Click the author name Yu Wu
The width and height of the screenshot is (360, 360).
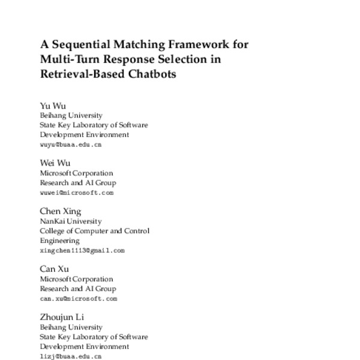coord(53,106)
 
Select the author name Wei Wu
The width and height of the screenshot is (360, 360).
coord(55,163)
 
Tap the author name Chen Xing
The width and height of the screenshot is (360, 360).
coord(60,211)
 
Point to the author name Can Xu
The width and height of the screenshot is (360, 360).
coord(55,269)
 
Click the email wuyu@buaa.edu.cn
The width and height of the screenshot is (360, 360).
coord(70,145)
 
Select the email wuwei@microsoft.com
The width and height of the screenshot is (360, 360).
coord(76,193)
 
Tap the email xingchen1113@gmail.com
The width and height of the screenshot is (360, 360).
coord(82,250)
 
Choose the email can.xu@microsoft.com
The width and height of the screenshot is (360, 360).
coord(78,298)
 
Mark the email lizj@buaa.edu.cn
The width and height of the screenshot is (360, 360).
coord(70,356)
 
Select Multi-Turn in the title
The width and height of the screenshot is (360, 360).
coord(70,59)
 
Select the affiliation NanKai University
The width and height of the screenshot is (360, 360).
coord(71,221)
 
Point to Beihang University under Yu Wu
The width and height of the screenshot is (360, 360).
coord(71,115)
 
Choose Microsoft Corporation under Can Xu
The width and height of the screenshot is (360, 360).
coord(76,279)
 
